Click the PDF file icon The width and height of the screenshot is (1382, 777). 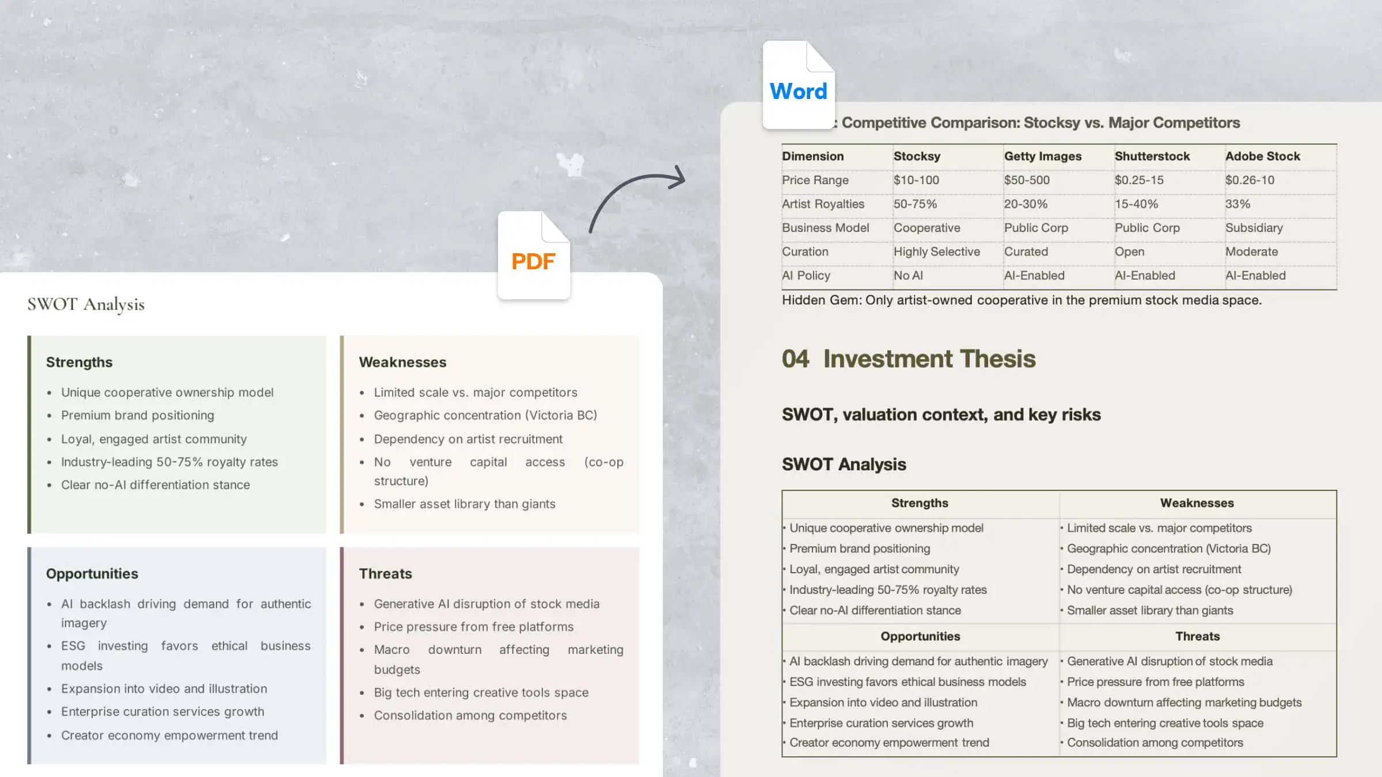pyautogui.click(x=534, y=255)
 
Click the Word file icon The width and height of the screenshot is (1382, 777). pyautogui.click(x=799, y=85)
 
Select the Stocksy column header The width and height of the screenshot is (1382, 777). pyautogui.click(x=917, y=156)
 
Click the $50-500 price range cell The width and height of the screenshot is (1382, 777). pyautogui.click(x=1027, y=180)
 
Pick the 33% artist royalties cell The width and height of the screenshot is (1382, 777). pyautogui.click(x=1237, y=204)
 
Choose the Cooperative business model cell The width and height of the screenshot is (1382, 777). pyautogui.click(x=927, y=228)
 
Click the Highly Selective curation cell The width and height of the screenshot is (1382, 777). pyautogui.click(x=936, y=252)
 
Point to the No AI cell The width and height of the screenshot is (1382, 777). pyautogui.click(x=908, y=276)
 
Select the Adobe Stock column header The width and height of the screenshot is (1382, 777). pyautogui.click(x=1262, y=156)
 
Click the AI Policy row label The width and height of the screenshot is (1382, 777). pyautogui.click(x=806, y=276)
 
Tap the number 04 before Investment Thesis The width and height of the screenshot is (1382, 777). pyautogui.click(x=795, y=359)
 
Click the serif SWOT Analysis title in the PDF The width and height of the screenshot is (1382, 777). pyautogui.click(x=86, y=304)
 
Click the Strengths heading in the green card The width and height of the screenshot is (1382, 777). pyautogui.click(x=79, y=362)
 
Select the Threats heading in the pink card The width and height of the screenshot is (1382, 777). pyautogui.click(x=385, y=574)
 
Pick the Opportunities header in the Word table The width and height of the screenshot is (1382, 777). pyautogui.click(x=920, y=636)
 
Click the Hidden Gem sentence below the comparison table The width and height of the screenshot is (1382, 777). pyautogui.click(x=1022, y=300)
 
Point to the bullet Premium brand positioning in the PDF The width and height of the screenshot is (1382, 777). pyautogui.click(x=138, y=415)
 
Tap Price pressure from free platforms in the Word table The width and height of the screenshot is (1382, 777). pyautogui.click(x=1155, y=682)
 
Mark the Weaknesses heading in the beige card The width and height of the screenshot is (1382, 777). pyautogui.click(x=403, y=362)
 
